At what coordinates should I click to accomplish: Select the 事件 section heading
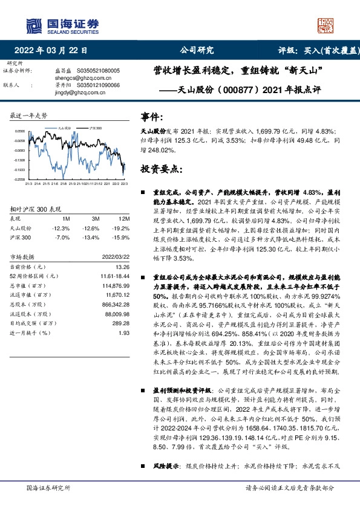(x=151, y=116)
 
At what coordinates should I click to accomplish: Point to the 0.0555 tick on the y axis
(x=20, y=131)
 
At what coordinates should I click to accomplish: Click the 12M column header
(x=125, y=218)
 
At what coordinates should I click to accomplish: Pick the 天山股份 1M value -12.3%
(x=62, y=229)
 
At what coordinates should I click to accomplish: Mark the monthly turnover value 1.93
(x=125, y=332)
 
